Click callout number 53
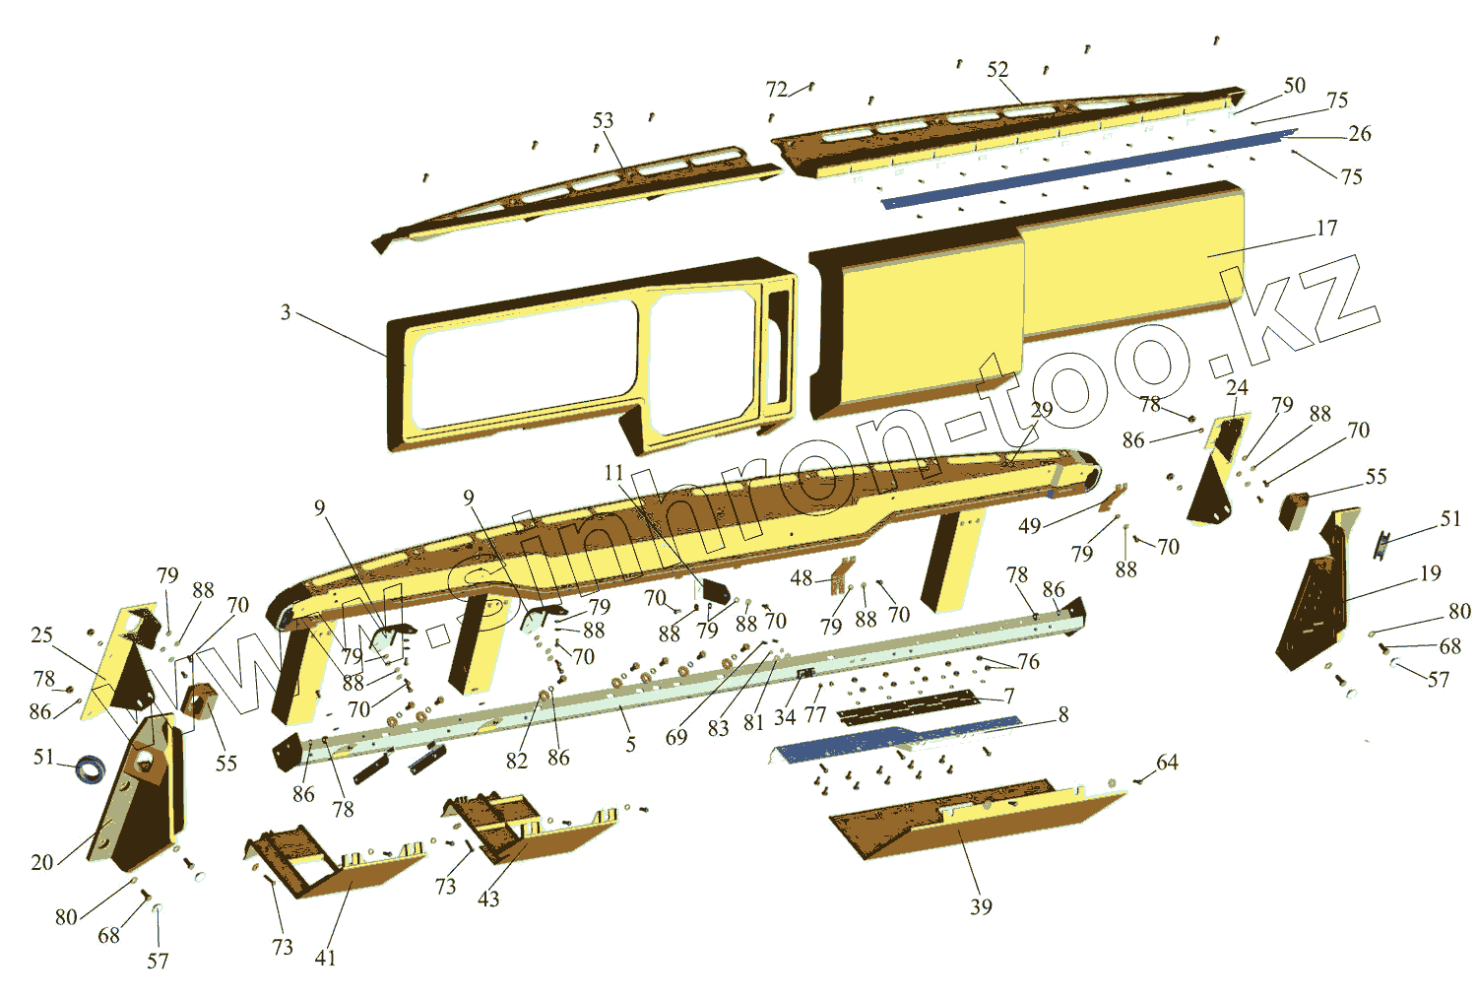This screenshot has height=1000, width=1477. [603, 120]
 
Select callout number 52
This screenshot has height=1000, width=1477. [997, 69]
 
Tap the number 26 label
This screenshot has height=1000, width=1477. [1359, 133]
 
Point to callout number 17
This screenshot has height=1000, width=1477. [1326, 228]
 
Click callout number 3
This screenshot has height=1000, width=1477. [286, 312]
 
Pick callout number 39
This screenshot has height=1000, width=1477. [981, 906]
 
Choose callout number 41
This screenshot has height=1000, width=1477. [325, 958]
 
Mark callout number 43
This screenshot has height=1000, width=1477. [488, 899]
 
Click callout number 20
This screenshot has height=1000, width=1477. [41, 862]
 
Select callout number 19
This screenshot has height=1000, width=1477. [1430, 573]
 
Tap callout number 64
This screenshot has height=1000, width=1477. [1167, 762]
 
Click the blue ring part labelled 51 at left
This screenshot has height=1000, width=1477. [92, 767]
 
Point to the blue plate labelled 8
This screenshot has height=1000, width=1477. [886, 741]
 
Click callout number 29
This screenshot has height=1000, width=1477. [1042, 409]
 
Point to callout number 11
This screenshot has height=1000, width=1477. [613, 473]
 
